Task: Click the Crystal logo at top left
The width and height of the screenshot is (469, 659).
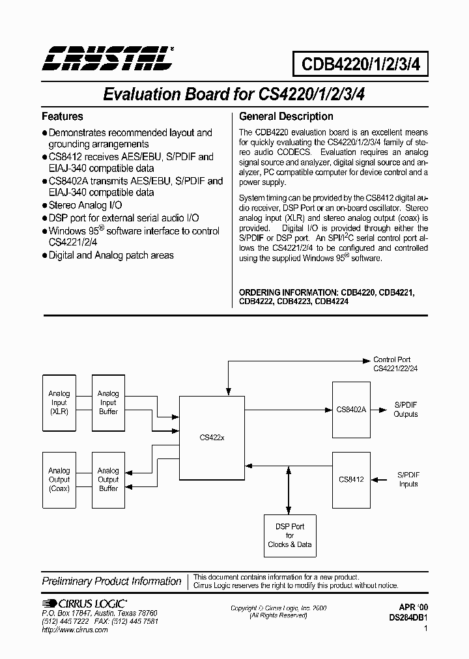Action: click(107, 57)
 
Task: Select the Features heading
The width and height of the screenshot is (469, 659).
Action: click(63, 117)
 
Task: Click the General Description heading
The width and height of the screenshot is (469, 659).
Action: click(286, 117)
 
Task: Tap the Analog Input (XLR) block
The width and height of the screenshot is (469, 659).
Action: click(59, 402)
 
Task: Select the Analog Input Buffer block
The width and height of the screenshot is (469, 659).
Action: click(108, 402)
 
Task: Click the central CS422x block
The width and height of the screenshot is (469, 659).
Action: click(212, 438)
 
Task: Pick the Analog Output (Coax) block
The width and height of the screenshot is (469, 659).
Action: click(59, 479)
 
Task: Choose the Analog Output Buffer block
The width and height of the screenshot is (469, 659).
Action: click(108, 479)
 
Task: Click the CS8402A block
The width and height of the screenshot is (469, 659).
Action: click(352, 410)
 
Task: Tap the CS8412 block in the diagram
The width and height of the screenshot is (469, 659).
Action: click(352, 479)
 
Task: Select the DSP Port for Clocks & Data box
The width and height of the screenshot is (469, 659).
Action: click(290, 535)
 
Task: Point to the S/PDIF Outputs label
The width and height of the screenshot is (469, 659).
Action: click(406, 410)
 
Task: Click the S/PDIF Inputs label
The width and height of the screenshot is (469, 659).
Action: click(408, 479)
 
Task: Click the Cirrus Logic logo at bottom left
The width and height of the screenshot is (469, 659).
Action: click(84, 604)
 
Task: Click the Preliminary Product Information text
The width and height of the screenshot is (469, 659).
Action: click(111, 582)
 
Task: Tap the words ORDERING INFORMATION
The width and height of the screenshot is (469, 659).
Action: click(287, 292)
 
